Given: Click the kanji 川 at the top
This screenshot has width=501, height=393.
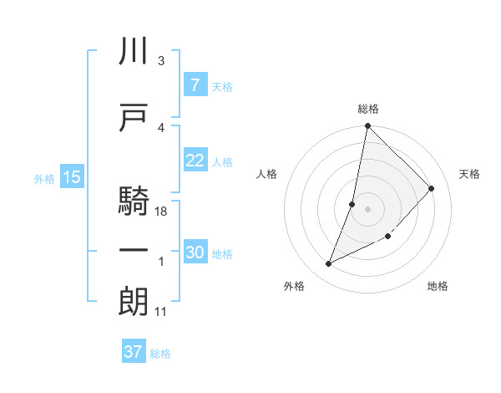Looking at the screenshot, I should tap(134, 52).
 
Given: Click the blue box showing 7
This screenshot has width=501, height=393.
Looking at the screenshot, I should tap(194, 85).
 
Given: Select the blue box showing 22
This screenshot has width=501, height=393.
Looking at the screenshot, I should tap(195, 161).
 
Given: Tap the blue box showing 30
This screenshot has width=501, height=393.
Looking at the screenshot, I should tap(195, 253).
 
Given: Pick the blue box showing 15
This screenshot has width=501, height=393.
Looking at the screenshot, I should tap(71, 177).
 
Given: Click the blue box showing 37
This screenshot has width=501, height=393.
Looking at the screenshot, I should tap(133, 352).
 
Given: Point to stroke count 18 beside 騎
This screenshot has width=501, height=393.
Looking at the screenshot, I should tap(161, 212).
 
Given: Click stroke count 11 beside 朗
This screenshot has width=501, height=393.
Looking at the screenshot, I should tap(161, 312).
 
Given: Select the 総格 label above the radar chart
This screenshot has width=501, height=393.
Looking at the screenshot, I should tap(368, 109).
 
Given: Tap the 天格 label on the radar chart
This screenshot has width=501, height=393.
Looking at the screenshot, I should tap(469, 174).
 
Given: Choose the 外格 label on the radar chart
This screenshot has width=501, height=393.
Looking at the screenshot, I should tap(294, 286).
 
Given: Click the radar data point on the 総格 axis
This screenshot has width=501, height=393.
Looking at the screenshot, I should tap(367, 126).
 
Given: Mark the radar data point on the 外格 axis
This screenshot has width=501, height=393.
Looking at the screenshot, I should tap(329, 264).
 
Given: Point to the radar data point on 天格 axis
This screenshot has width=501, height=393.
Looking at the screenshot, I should tap(432, 189).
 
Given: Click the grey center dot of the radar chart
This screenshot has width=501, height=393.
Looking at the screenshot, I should tap(367, 209).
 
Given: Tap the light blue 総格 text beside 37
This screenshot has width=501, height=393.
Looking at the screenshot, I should tap(160, 353).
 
